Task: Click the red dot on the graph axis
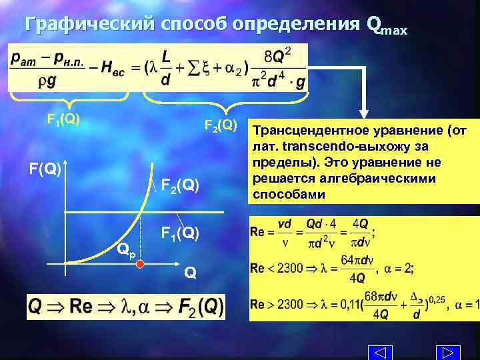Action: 141,265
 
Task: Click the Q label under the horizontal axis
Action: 190,272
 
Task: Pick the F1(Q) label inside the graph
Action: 179,233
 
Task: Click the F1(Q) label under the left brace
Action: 63,119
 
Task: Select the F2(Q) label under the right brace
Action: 221,125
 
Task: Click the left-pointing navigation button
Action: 379,352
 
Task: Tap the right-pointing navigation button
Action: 447,352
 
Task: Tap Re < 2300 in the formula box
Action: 276,269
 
